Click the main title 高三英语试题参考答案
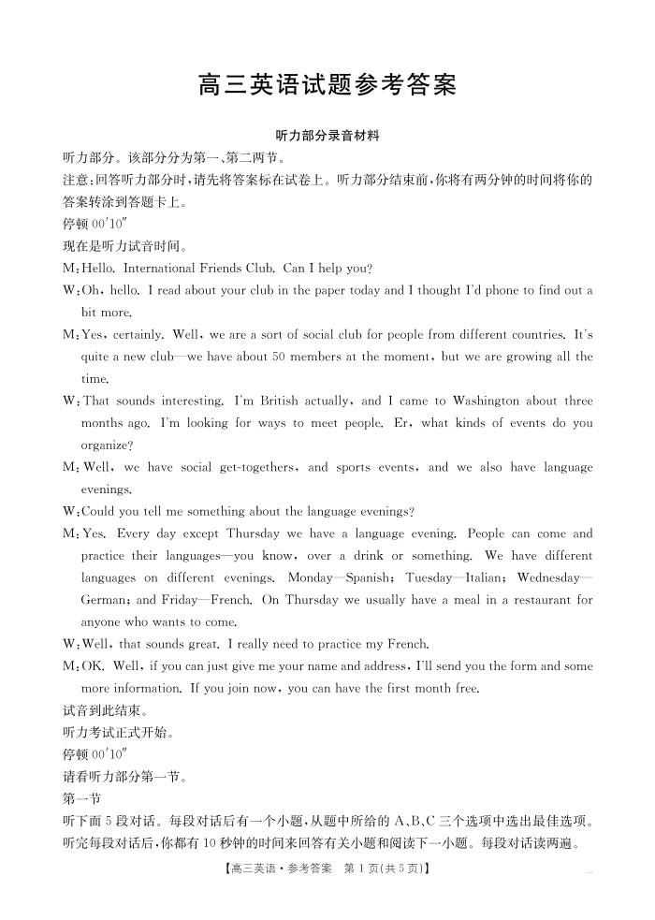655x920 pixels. point(327,86)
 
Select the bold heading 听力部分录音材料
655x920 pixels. point(327,136)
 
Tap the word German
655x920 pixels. point(107,600)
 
